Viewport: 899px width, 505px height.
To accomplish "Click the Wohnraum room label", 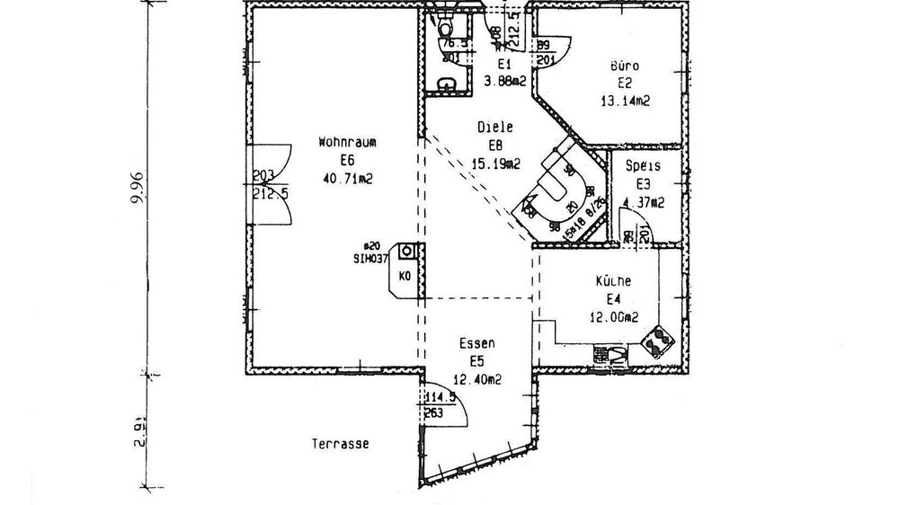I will tap(346, 141).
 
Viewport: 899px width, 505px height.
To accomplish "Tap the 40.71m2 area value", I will tap(346, 179).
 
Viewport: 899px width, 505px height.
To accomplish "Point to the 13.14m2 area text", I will tap(625, 102).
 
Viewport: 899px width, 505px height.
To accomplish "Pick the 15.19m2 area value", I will tap(495, 164).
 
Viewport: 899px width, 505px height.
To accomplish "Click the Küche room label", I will tap(612, 281).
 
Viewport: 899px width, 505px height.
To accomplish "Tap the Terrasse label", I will tap(341, 444).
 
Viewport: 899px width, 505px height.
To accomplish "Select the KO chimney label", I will tap(405, 276).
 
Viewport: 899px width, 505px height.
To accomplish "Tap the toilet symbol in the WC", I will tap(444, 28).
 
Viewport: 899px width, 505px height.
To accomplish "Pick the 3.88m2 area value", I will tap(503, 81).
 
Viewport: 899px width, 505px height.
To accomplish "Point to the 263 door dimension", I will tap(435, 413).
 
